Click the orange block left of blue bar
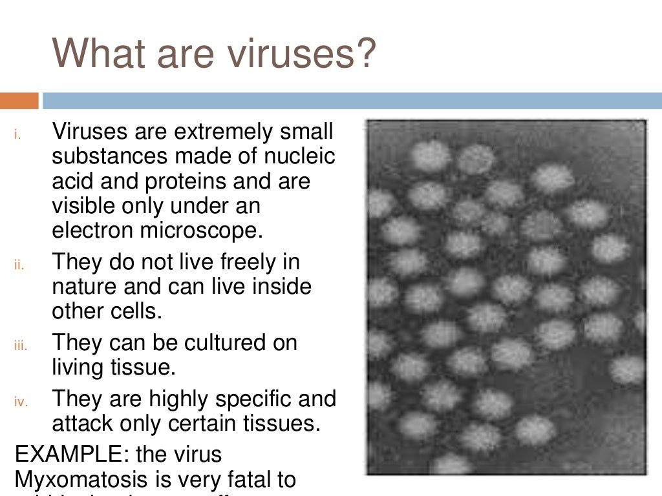pyautogui.click(x=19, y=101)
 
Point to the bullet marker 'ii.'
pyautogui.click(x=19, y=265)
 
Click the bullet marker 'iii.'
pyautogui.click(x=20, y=346)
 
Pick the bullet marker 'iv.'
pyautogui.click(x=20, y=402)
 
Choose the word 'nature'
pyautogui.click(x=87, y=287)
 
